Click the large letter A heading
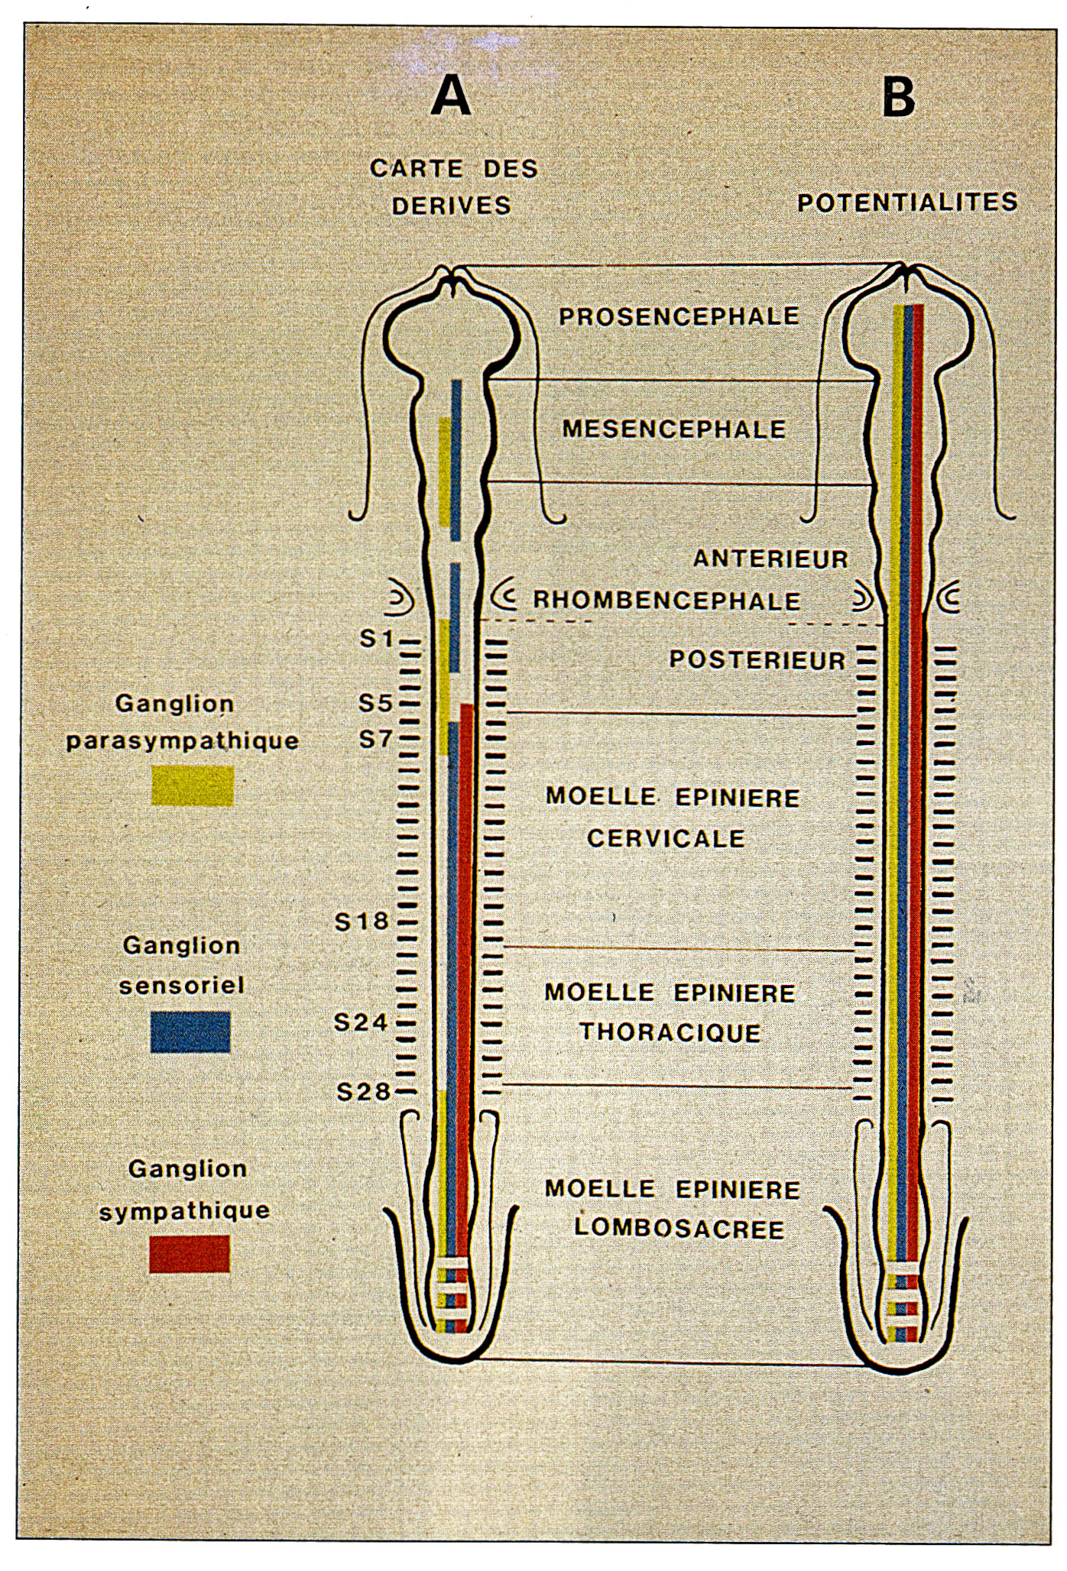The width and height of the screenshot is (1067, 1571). [x=451, y=97]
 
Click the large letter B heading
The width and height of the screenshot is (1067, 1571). [x=898, y=97]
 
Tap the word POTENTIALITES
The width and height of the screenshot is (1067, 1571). [x=907, y=202]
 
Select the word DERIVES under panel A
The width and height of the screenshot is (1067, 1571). [x=451, y=206]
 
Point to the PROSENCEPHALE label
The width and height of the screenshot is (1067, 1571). [x=679, y=316]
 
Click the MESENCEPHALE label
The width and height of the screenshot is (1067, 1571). [x=674, y=429]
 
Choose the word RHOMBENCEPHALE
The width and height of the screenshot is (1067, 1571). [x=666, y=601]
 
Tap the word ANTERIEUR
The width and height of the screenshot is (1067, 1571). [x=770, y=559]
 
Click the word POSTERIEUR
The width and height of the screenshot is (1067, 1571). [x=757, y=660]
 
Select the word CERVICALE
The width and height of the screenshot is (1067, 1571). [x=666, y=838]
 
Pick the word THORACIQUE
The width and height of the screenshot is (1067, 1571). [x=670, y=1032]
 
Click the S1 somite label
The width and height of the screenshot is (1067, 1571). [x=377, y=638]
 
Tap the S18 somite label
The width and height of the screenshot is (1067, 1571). [x=362, y=922]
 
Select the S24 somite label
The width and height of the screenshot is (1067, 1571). [x=362, y=1022]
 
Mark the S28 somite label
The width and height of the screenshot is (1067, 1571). [x=364, y=1092]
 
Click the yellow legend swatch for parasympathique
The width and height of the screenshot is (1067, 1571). [x=192, y=785]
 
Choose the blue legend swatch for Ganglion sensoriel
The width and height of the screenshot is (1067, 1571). [x=190, y=1032]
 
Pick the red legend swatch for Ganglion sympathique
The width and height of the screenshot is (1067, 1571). [x=190, y=1254]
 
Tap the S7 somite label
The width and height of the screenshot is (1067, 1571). [x=376, y=739]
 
